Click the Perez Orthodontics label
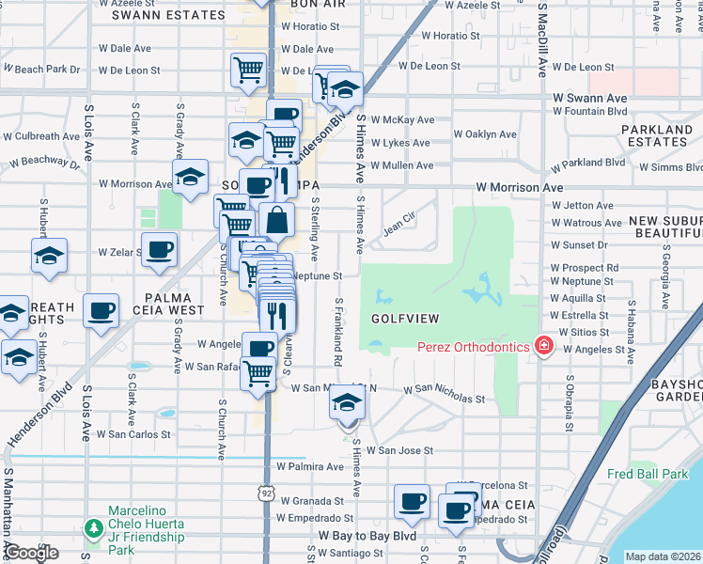[x=474, y=347]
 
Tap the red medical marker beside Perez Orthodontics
[x=543, y=347]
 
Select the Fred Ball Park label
[x=648, y=475]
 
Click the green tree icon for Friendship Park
[x=93, y=528]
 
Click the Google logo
[x=31, y=553]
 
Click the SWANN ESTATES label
[x=156, y=15]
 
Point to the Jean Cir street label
[x=398, y=226]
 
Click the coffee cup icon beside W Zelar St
[x=159, y=250]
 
